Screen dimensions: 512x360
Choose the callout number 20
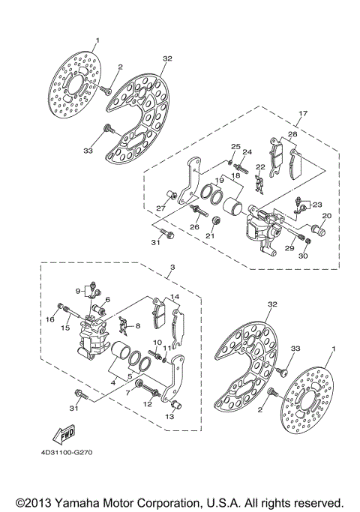326,216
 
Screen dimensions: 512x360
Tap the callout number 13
169,417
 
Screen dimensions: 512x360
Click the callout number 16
51,319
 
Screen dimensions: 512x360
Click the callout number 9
76,290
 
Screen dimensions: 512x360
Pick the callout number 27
160,208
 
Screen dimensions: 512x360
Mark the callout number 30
304,256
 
